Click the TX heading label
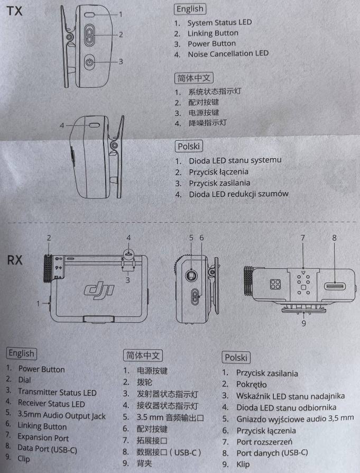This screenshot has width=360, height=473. (x=14, y=11)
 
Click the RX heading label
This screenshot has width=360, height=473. (x=15, y=260)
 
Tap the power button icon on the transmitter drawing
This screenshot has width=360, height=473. (x=89, y=62)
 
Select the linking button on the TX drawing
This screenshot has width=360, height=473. (x=89, y=35)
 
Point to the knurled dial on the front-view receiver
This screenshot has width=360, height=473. (x=48, y=268)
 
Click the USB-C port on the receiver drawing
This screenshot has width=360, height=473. (x=335, y=286)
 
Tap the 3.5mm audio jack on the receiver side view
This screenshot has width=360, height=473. (x=191, y=275)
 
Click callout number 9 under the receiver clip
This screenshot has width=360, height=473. (x=303, y=324)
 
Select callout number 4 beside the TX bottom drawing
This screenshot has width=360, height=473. (x=62, y=125)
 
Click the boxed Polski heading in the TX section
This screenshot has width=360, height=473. (x=189, y=147)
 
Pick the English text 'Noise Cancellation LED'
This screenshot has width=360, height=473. (x=228, y=54)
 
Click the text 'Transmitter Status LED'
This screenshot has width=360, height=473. (x=57, y=392)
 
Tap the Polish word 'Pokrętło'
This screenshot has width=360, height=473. (x=252, y=385)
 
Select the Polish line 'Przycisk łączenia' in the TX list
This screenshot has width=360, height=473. (x=219, y=172)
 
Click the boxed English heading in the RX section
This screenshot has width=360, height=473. (x=21, y=353)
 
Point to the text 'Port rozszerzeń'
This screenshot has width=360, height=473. (x=264, y=442)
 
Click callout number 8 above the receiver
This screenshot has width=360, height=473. (x=334, y=238)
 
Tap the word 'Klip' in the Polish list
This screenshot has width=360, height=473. (x=243, y=464)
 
